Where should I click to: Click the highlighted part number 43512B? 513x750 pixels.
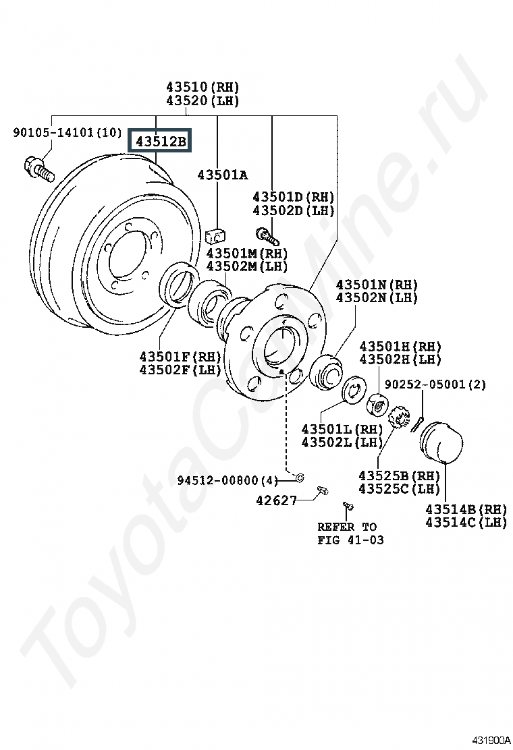point(161,141)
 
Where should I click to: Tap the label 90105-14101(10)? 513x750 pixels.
point(67,132)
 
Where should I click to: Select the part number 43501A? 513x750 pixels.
point(223,175)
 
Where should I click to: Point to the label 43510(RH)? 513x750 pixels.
point(202,87)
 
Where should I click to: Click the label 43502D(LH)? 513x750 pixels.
point(294,210)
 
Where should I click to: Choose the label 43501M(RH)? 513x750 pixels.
point(247,253)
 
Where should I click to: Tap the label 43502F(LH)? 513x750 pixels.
point(180,370)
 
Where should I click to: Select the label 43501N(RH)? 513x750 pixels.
point(377,285)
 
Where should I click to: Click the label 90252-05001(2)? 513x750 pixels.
point(435,384)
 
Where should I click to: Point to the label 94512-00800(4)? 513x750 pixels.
point(227,480)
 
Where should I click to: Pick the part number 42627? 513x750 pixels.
point(277,500)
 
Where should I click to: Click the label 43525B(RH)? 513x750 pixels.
point(399,475)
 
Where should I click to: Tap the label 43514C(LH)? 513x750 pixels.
point(466,522)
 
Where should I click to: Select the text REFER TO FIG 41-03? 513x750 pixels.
point(351,533)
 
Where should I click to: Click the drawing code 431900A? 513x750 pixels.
point(491,741)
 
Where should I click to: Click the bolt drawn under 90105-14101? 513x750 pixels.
point(38,170)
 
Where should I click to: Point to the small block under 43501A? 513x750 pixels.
point(217,236)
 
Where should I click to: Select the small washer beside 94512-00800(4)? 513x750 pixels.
point(300,477)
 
